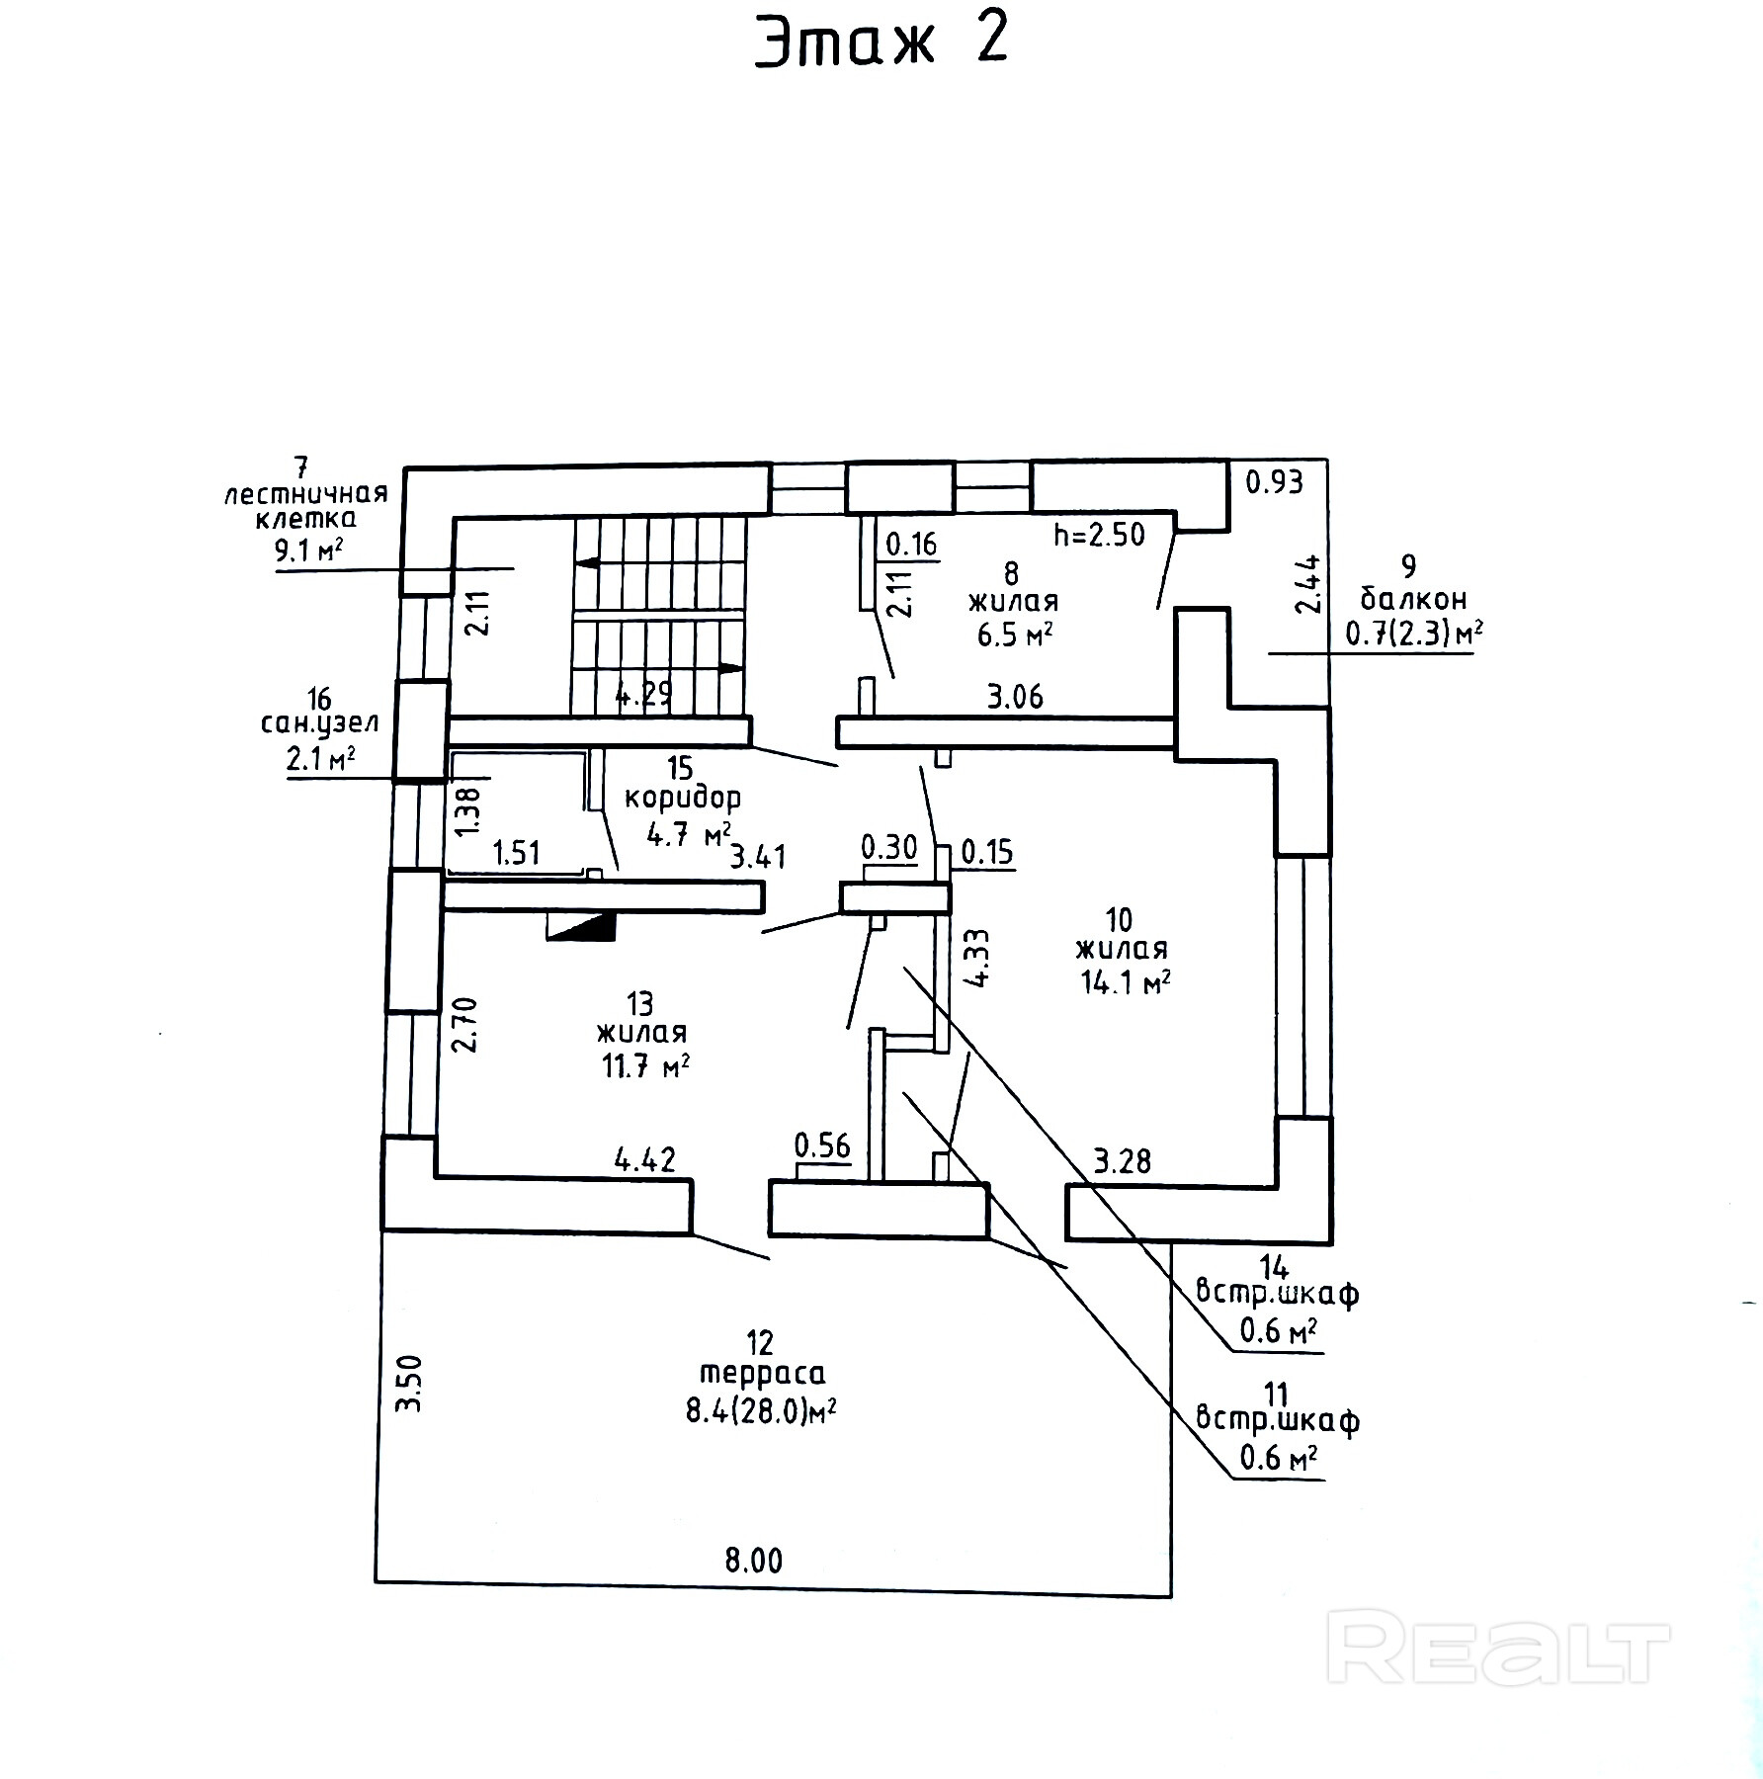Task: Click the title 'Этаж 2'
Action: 881,43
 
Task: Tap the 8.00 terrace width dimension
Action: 753,1561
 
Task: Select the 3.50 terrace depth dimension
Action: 410,1383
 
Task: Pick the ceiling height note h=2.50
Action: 1099,535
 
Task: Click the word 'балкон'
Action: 1412,599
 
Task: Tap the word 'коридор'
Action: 682,798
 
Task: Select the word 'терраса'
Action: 762,1374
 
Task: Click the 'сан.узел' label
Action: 319,723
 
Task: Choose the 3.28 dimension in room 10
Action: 1123,1160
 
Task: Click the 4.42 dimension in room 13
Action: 645,1158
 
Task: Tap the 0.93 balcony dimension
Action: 1274,482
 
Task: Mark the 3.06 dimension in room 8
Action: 1015,697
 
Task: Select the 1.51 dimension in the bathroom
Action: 516,852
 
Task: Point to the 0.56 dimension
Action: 822,1145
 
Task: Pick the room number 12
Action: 760,1342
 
